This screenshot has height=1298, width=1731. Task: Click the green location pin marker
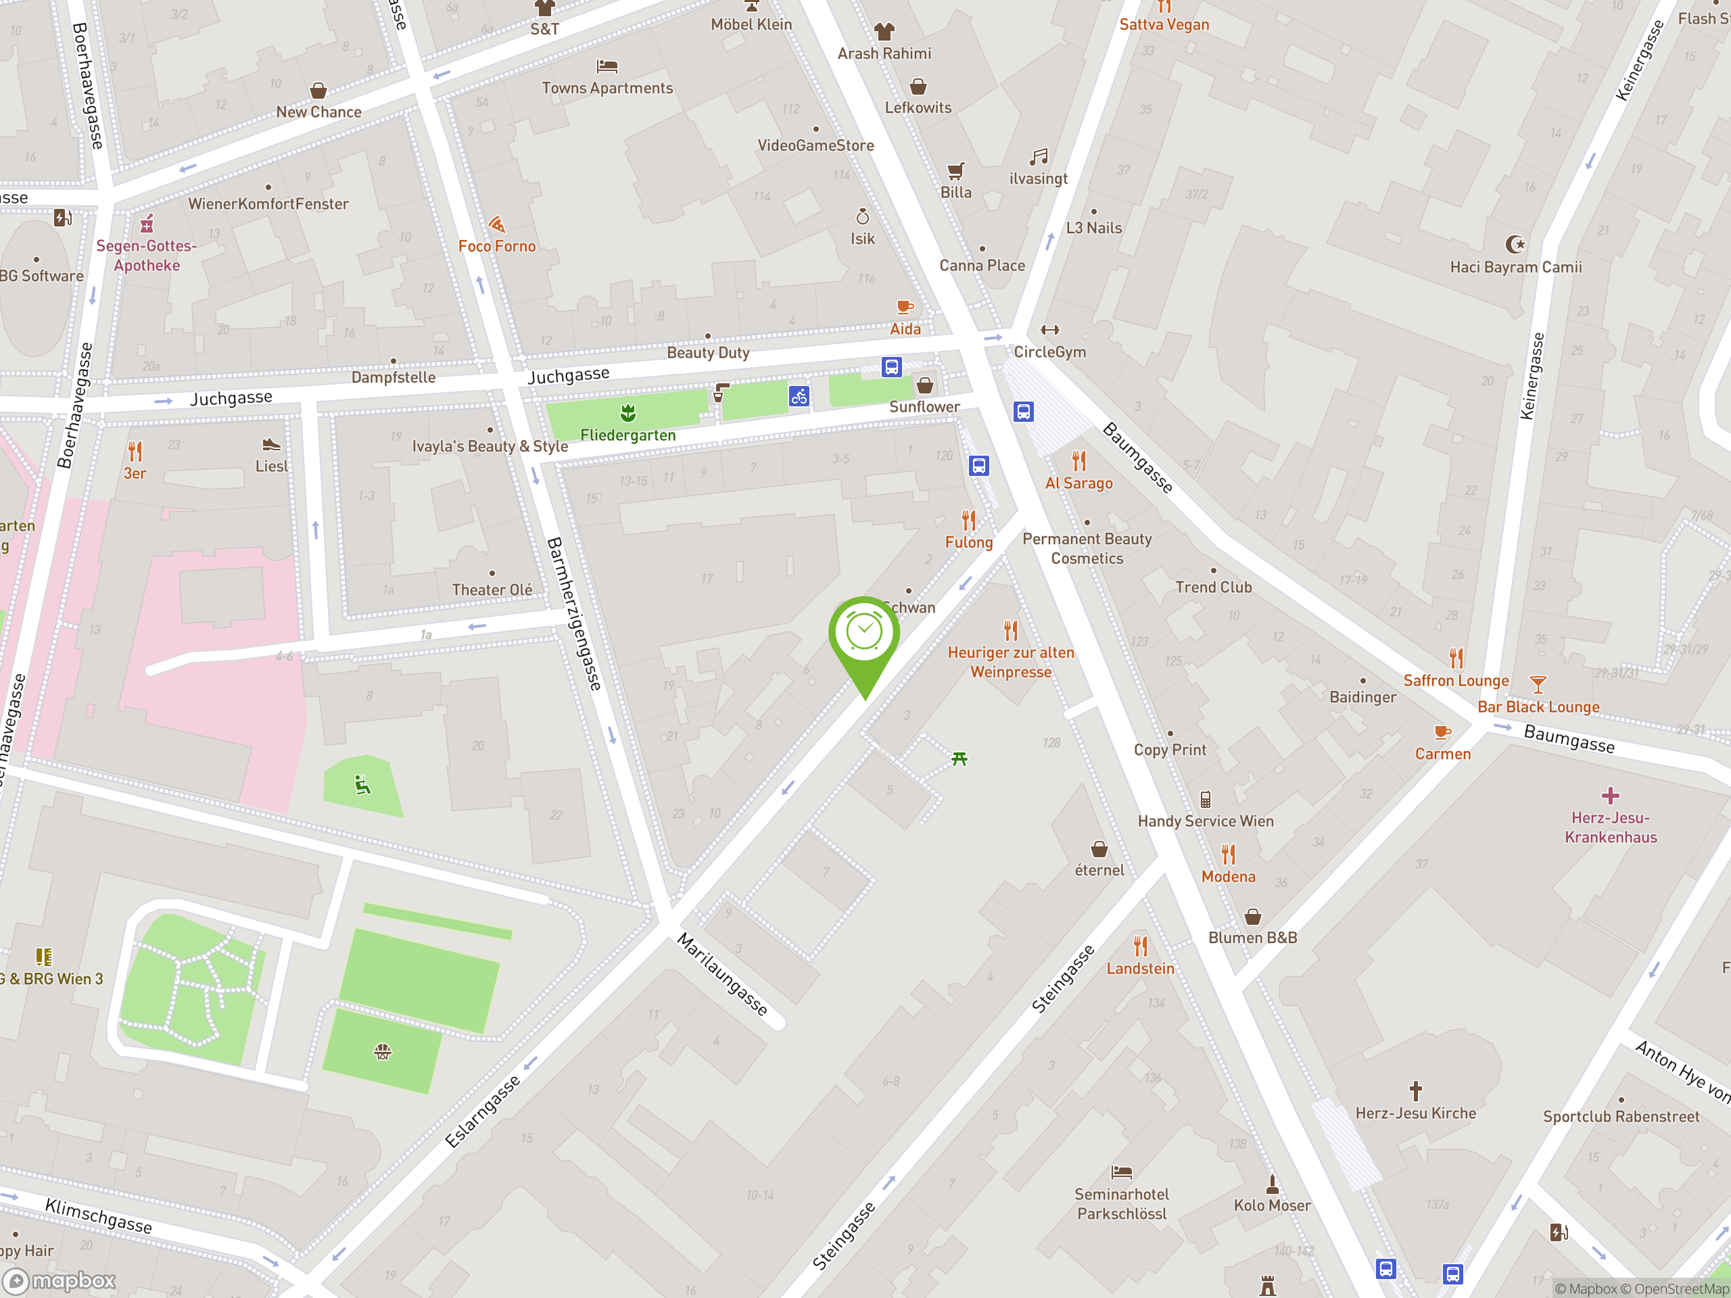coord(864,635)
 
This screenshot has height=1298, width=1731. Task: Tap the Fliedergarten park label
coord(627,435)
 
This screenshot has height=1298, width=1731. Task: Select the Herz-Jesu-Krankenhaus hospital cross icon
coord(1610,796)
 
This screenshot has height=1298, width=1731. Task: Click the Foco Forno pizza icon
coord(497,225)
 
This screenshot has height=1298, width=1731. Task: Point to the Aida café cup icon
coord(905,308)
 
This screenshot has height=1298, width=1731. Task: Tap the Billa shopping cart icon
coord(955,170)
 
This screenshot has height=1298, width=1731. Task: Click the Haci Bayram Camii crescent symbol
coord(1515,245)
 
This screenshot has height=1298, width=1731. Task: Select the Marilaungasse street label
coord(722,974)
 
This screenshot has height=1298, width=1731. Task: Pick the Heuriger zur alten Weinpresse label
coord(1010,662)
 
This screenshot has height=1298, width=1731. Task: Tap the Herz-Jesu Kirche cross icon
coord(1415,1090)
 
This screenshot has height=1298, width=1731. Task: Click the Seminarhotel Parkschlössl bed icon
coord(1121,1172)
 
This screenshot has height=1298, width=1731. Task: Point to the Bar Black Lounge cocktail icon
coord(1538,685)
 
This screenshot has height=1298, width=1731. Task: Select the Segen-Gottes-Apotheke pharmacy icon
coord(146,224)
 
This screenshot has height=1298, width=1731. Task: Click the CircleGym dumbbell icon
coord(1049,330)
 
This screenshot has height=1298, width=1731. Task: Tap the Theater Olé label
coord(492,590)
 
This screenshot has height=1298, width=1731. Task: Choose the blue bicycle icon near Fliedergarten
coord(798,397)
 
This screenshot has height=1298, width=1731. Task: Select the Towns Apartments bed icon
coord(607,66)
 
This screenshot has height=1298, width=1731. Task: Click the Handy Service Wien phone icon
coord(1205,799)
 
